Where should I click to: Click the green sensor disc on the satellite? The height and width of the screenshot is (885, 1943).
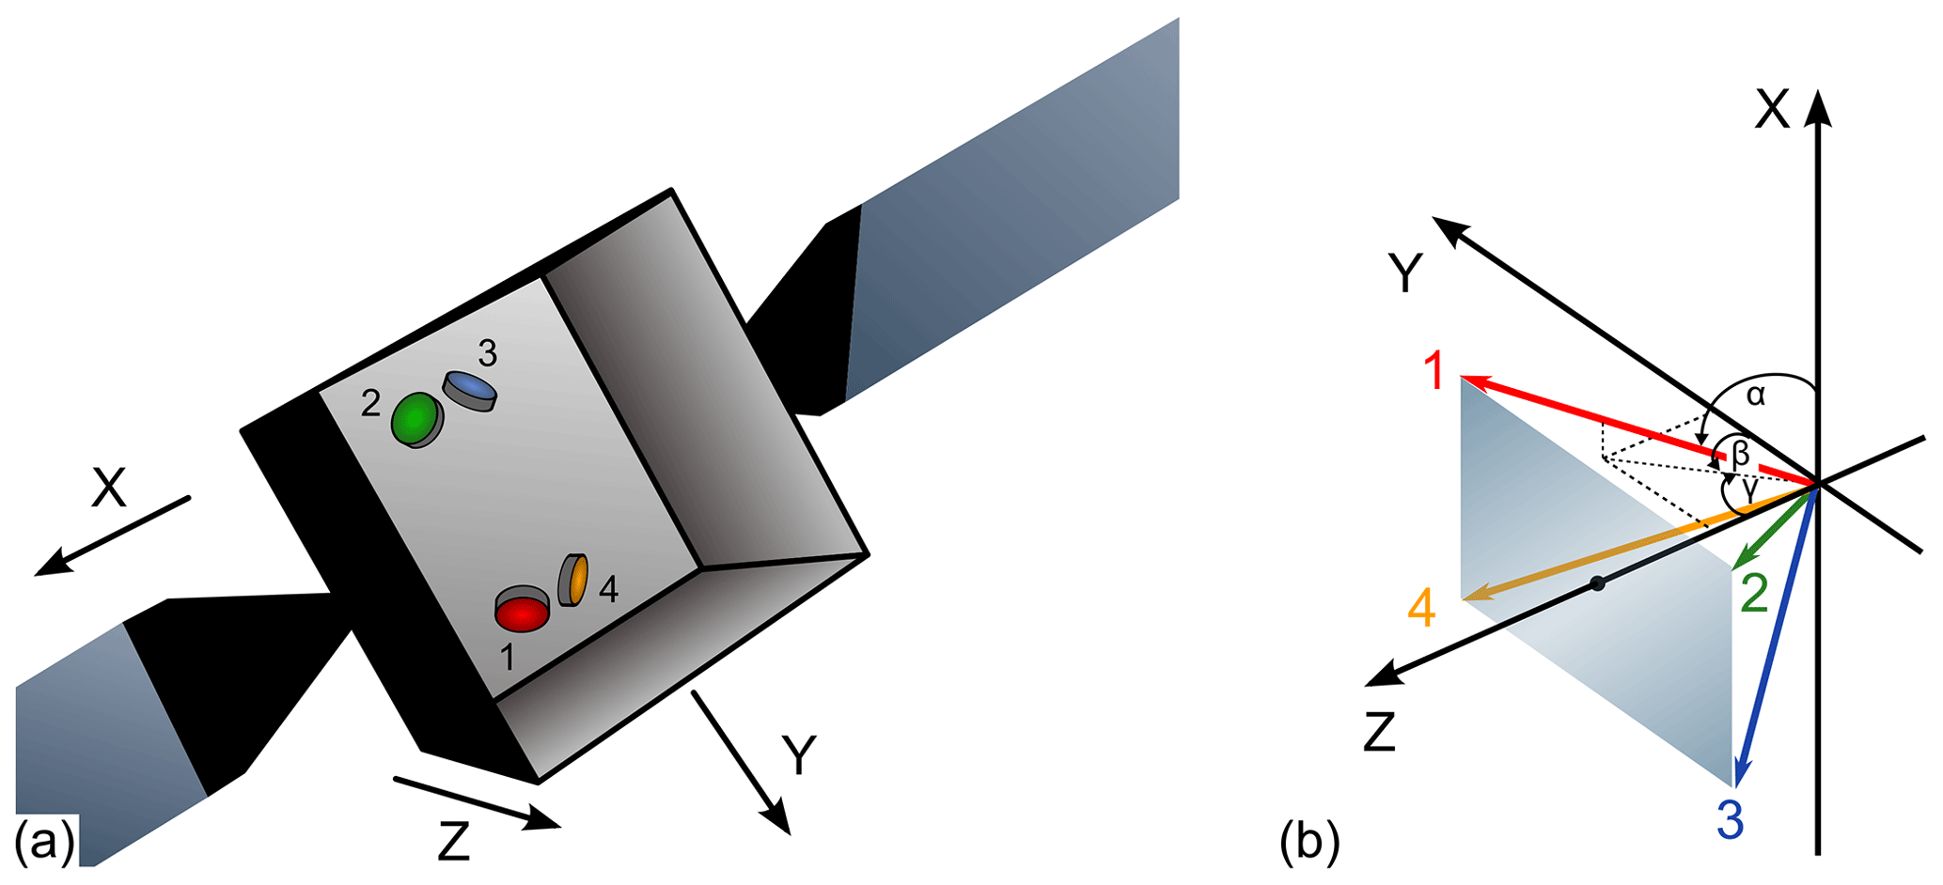(x=415, y=419)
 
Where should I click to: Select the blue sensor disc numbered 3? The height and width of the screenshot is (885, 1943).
(x=470, y=389)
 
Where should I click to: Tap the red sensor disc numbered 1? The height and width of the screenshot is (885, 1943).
(x=523, y=613)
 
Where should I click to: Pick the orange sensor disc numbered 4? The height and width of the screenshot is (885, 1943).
(x=574, y=580)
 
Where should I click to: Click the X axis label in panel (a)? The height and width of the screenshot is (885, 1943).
(x=109, y=489)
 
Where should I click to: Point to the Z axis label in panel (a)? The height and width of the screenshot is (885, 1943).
(x=454, y=842)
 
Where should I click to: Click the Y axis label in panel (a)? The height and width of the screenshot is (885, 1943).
(x=799, y=755)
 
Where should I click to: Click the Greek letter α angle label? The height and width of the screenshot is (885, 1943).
(x=1755, y=396)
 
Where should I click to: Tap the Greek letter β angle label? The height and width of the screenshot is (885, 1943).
(x=1741, y=455)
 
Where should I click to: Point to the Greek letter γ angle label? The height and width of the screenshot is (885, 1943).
(x=1748, y=489)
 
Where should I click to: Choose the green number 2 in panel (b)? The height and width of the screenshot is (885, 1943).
(x=1755, y=594)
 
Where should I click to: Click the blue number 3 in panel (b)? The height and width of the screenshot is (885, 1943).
(x=1731, y=819)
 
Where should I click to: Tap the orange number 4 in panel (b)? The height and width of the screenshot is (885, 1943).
(x=1421, y=608)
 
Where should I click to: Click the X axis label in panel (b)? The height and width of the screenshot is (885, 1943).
(x=1773, y=110)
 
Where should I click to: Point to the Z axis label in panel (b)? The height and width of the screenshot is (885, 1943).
(x=1379, y=732)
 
